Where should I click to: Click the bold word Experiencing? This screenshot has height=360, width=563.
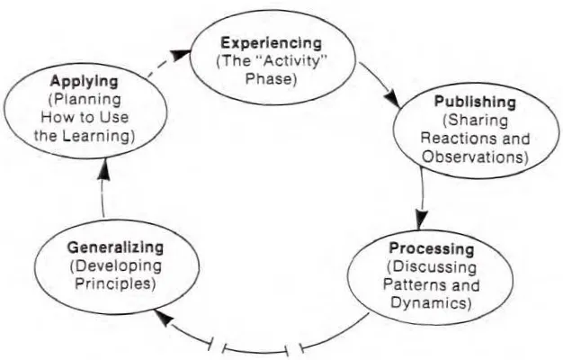pos(271,43)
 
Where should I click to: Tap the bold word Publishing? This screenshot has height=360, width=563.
pos(475,102)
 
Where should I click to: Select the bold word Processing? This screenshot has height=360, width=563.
pos(432,248)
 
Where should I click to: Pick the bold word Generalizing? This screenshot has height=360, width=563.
pos(115,247)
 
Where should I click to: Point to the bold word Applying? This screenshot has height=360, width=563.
pos(84,81)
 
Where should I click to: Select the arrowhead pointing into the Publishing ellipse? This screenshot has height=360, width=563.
pos(393,100)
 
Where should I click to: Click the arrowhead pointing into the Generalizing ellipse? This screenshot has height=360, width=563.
pos(164,319)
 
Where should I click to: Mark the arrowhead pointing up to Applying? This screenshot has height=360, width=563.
pos(103,169)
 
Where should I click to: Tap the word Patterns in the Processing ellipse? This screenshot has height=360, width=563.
pos(412,285)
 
